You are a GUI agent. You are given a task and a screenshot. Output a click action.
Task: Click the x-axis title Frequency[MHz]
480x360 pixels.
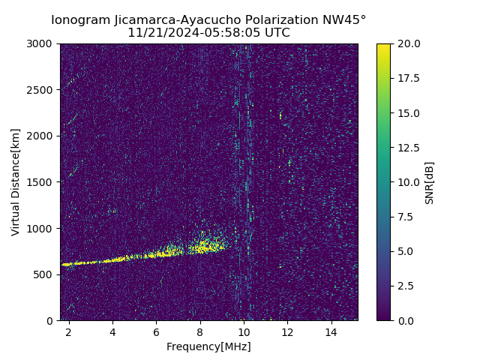click(x=208, y=346)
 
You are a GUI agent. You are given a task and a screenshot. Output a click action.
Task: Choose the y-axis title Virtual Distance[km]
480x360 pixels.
click(x=15, y=181)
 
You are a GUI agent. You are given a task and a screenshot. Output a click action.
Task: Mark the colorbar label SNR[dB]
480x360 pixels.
click(x=429, y=182)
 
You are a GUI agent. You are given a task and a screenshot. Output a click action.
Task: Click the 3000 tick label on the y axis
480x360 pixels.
click(x=41, y=44)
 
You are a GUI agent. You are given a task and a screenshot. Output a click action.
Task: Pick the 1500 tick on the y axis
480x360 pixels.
click(x=41, y=182)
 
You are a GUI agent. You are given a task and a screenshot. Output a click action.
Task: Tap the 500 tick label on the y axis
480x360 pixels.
click(x=43, y=274)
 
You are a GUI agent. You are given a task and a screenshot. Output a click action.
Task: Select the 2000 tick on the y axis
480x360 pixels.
click(x=41, y=136)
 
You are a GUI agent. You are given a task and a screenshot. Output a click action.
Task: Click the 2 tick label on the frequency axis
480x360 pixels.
click(x=69, y=331)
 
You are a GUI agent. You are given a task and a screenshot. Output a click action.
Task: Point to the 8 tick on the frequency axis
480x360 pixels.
click(x=199, y=331)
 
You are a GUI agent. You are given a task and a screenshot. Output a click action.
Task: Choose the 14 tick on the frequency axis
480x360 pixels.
click(x=330, y=331)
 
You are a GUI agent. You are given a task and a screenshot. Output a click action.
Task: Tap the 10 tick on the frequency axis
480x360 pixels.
click(x=243, y=331)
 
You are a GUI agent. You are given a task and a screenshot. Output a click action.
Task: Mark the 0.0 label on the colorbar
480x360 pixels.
click(x=405, y=320)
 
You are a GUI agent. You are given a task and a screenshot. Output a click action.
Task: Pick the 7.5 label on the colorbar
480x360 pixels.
click(x=405, y=217)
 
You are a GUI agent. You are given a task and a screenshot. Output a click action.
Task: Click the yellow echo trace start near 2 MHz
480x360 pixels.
click(x=66, y=264)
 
